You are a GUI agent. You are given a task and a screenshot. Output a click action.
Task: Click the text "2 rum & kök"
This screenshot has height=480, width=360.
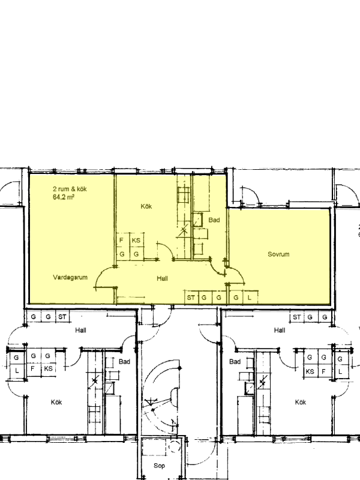[70, 189]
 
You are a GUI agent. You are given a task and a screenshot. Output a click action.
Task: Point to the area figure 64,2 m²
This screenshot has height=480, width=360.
[64, 197]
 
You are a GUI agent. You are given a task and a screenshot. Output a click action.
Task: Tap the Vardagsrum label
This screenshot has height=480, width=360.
[70, 277]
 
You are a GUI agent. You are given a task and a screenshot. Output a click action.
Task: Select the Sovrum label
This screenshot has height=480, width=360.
[278, 254]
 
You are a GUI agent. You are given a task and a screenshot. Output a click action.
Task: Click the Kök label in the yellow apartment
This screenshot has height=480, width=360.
[146, 206]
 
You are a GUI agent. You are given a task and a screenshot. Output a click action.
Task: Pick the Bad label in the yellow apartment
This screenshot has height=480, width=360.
[214, 220]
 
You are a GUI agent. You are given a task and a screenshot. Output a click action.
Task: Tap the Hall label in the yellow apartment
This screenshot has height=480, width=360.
[162, 278]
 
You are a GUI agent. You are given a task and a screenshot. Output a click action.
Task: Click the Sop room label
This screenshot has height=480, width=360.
[159, 466]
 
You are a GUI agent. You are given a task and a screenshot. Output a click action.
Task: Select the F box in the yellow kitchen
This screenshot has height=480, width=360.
[122, 239]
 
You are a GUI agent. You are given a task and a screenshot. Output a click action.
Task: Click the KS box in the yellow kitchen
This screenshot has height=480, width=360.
[137, 239]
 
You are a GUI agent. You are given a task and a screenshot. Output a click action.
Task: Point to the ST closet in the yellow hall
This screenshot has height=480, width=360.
[191, 297]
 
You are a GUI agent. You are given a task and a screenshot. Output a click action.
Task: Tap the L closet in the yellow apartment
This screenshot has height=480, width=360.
[250, 297]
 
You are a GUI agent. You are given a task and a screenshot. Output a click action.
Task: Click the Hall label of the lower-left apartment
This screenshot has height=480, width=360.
[81, 330]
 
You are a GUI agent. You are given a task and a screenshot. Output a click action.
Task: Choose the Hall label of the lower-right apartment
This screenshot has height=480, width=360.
[280, 330]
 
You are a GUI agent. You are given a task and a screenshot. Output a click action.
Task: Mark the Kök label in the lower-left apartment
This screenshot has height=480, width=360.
[56, 402]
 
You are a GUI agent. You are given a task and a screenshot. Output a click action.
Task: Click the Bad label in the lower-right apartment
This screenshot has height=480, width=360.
[235, 362]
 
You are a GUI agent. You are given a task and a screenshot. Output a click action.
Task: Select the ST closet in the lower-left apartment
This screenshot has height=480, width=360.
[62, 317]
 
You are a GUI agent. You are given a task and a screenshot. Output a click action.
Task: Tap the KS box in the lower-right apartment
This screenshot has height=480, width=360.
[310, 371]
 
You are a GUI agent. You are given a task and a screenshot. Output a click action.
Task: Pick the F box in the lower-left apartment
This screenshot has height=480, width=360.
[33, 368]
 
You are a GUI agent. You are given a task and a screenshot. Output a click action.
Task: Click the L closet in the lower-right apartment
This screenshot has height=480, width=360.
[340, 371]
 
